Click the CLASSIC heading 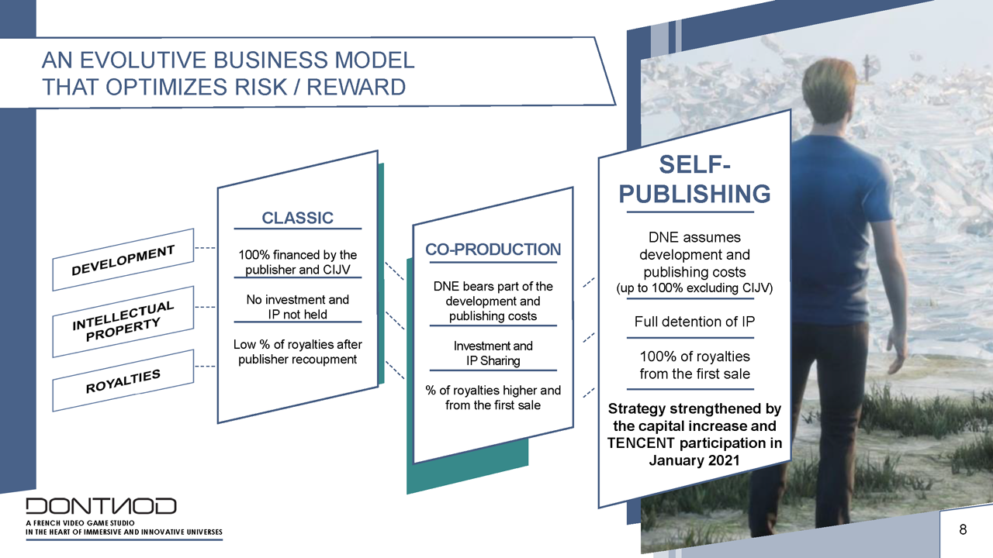point(297,218)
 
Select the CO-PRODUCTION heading point(493,250)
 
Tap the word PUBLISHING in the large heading point(694,194)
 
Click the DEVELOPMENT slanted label point(123,260)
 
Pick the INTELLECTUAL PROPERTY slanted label point(123,322)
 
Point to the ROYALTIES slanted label point(123,381)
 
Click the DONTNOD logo point(101,506)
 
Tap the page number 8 point(963,529)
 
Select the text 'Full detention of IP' point(694,322)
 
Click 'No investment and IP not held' point(297,307)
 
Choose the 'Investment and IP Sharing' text point(493,353)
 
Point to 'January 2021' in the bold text point(694,460)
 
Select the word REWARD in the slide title point(356,87)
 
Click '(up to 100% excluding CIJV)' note point(694,288)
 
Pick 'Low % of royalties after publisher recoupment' point(297,352)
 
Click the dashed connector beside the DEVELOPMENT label point(205,248)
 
